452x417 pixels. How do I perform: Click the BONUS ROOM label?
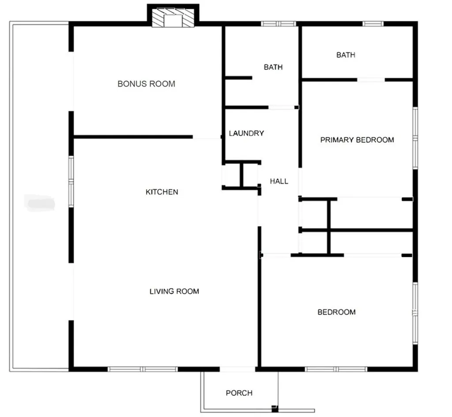pos(146,84)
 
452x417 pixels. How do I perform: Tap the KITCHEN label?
pos(162,192)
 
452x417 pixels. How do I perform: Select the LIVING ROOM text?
pos(174,292)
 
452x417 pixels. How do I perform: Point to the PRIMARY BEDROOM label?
pos(357,140)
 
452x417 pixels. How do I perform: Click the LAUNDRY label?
pos(246,133)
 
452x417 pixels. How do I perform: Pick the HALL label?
pos(279,181)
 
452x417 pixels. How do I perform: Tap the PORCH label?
pos(239,393)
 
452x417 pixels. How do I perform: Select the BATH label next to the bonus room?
pos(273,68)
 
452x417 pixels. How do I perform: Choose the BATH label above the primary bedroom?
pos(346,55)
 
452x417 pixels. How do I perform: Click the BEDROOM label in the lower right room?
pos(336,312)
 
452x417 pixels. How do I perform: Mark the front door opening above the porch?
pos(237,369)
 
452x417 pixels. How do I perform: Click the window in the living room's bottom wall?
pos(143,369)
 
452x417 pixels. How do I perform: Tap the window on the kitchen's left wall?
pos(71,181)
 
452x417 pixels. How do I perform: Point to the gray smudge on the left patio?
pos(40,203)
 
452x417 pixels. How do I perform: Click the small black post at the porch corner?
pos(275,407)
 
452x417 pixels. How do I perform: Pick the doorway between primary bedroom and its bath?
pos(370,80)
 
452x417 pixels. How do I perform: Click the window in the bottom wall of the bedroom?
pos(336,369)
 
